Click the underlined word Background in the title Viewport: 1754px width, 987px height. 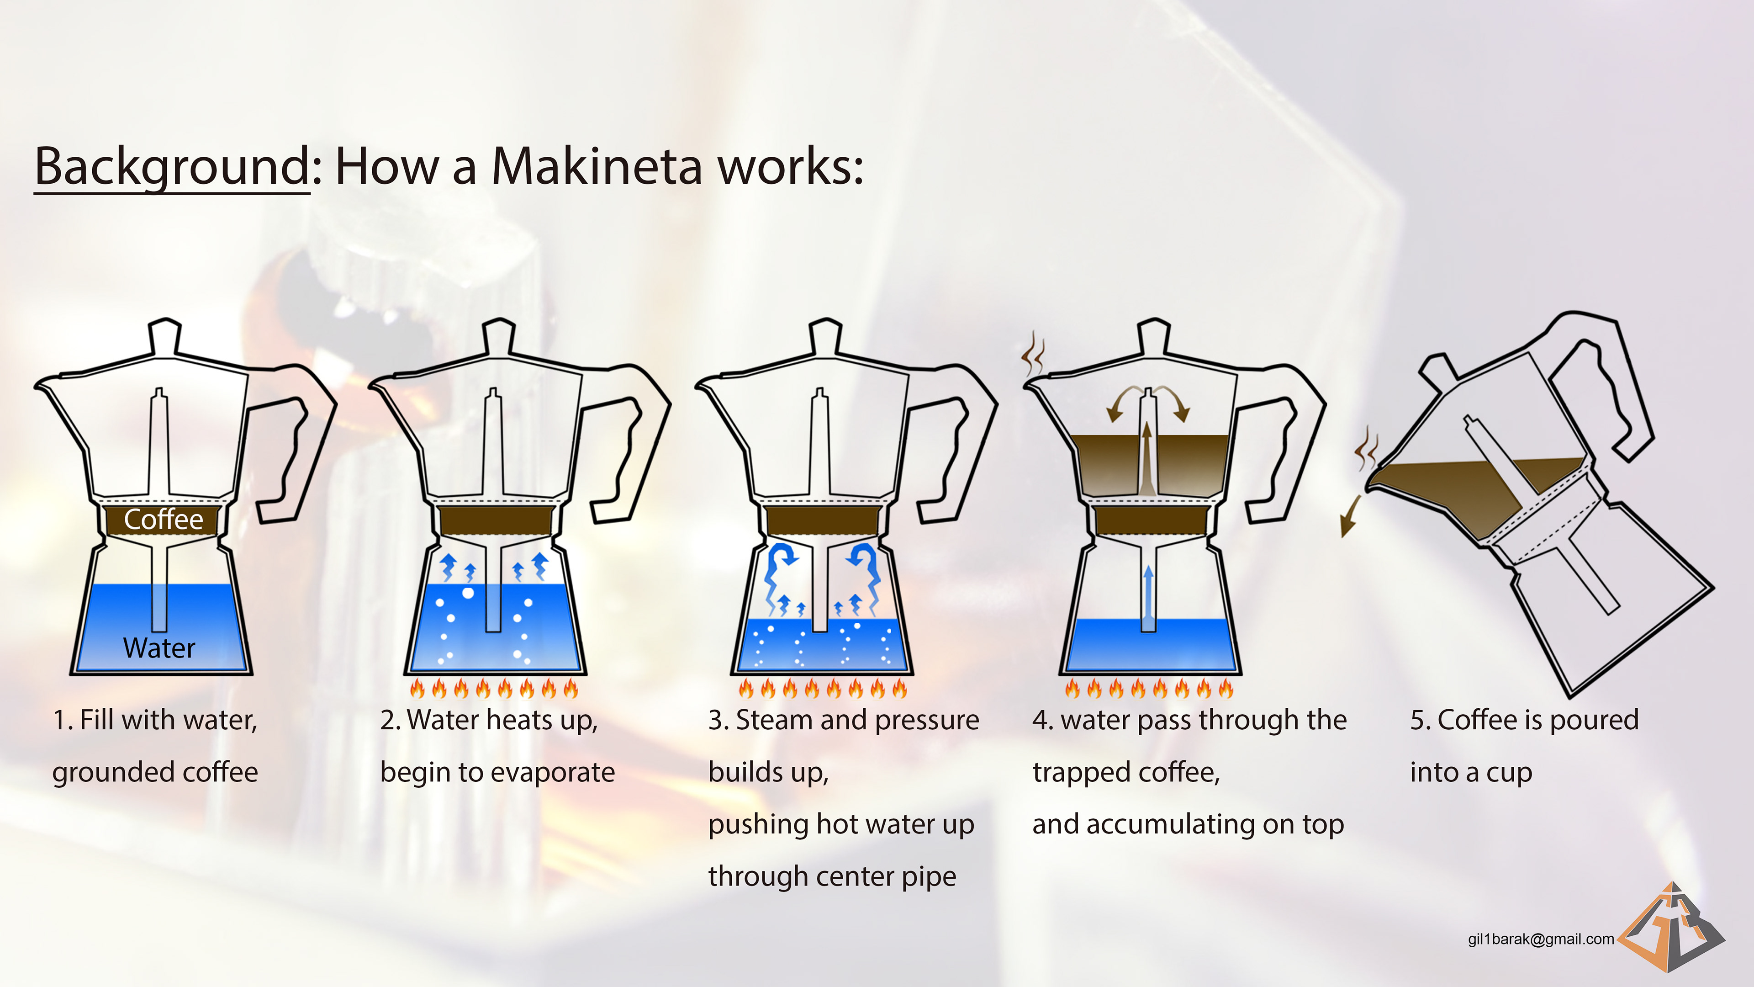pyautogui.click(x=172, y=167)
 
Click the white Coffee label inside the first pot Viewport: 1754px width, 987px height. pyautogui.click(x=164, y=520)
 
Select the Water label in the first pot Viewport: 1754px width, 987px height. pyautogui.click(x=159, y=648)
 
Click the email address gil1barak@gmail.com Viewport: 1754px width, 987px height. pyautogui.click(x=1541, y=939)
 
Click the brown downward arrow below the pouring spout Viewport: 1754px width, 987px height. pyautogui.click(x=1350, y=517)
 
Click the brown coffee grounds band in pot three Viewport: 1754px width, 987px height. pyautogui.click(x=822, y=520)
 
